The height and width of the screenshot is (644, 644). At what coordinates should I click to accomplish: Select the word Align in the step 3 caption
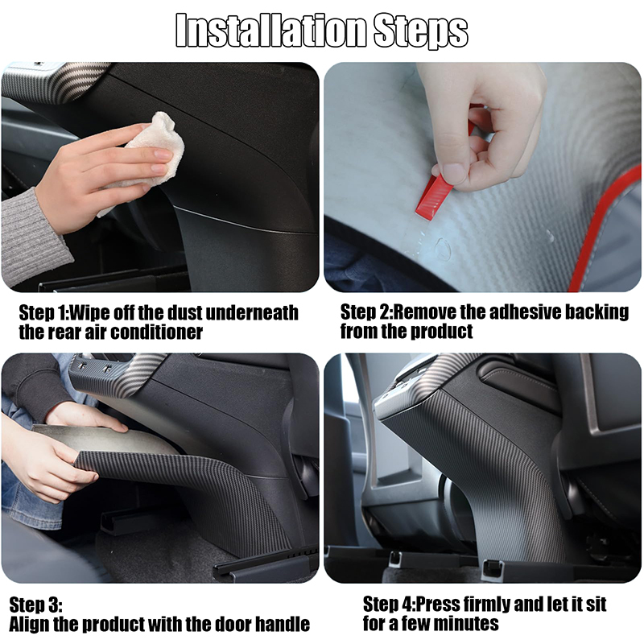(x=31, y=624)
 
